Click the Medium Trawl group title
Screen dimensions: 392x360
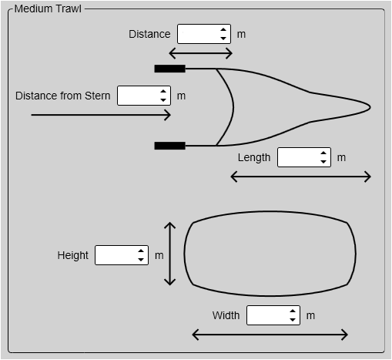coord(48,8)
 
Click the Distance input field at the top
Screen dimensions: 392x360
coord(204,34)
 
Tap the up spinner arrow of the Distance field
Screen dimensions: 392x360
coord(223,29)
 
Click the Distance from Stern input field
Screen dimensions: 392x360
coord(144,96)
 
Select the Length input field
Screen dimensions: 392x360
coord(304,157)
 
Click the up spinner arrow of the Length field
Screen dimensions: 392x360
coord(323,153)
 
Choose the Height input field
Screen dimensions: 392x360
coord(122,255)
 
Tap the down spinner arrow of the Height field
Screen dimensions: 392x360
coord(141,260)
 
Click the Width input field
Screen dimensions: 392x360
coord(273,315)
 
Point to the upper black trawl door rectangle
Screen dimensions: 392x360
coord(169,69)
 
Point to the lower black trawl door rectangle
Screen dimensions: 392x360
coord(169,146)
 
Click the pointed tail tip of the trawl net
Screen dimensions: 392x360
coord(370,107)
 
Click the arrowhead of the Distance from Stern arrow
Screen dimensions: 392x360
coord(168,115)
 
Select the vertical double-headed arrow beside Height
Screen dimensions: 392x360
coord(169,254)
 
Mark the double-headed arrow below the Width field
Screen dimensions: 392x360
coord(270,335)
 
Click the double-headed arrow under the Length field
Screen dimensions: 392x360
coord(300,177)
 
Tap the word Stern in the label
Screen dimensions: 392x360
coord(98,96)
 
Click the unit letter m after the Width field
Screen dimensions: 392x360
coord(310,315)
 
